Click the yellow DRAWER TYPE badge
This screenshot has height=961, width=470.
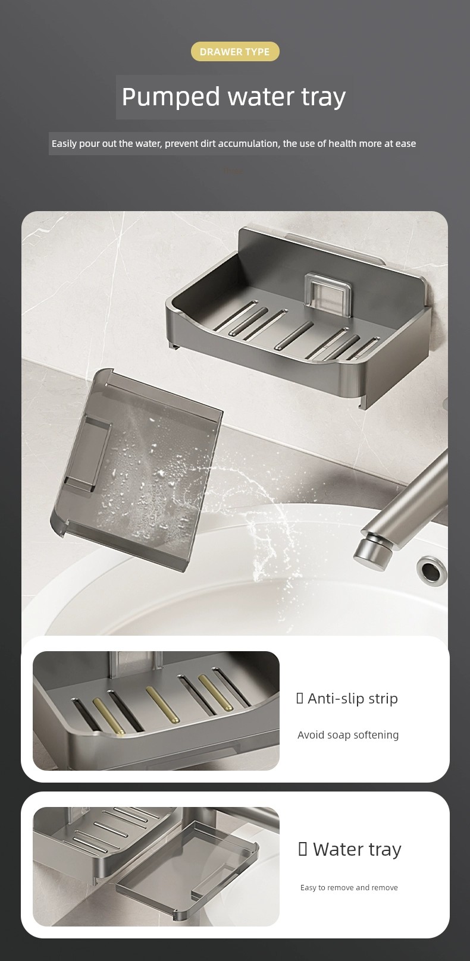point(235,52)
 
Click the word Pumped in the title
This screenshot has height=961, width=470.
point(171,98)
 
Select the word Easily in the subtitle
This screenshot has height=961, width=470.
point(64,144)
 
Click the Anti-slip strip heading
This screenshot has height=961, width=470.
point(347,698)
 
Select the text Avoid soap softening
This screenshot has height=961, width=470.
point(348,735)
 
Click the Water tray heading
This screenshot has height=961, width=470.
point(350,849)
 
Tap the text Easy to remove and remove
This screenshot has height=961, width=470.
point(349,887)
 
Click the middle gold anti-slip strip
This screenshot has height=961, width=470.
point(162,705)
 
